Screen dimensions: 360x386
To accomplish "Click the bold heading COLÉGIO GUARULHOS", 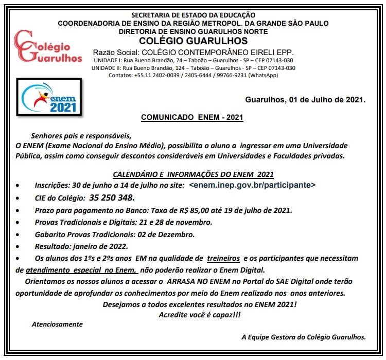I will (193, 41).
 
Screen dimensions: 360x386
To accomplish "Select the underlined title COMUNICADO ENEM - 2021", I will (192, 117).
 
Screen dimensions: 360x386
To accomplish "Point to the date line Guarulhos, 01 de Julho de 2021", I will (305, 99).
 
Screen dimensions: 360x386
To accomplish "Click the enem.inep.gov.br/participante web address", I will (252, 185).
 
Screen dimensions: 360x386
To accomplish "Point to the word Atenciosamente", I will (57, 324).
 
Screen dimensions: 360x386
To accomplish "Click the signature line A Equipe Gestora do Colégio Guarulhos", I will (304, 337).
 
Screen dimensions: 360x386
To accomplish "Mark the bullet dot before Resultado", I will (19, 247).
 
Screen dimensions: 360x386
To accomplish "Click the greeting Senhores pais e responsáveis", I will (81, 136).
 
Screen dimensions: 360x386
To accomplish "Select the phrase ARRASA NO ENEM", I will (202, 282).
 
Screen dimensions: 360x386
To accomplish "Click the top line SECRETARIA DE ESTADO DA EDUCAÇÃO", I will (193, 15).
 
